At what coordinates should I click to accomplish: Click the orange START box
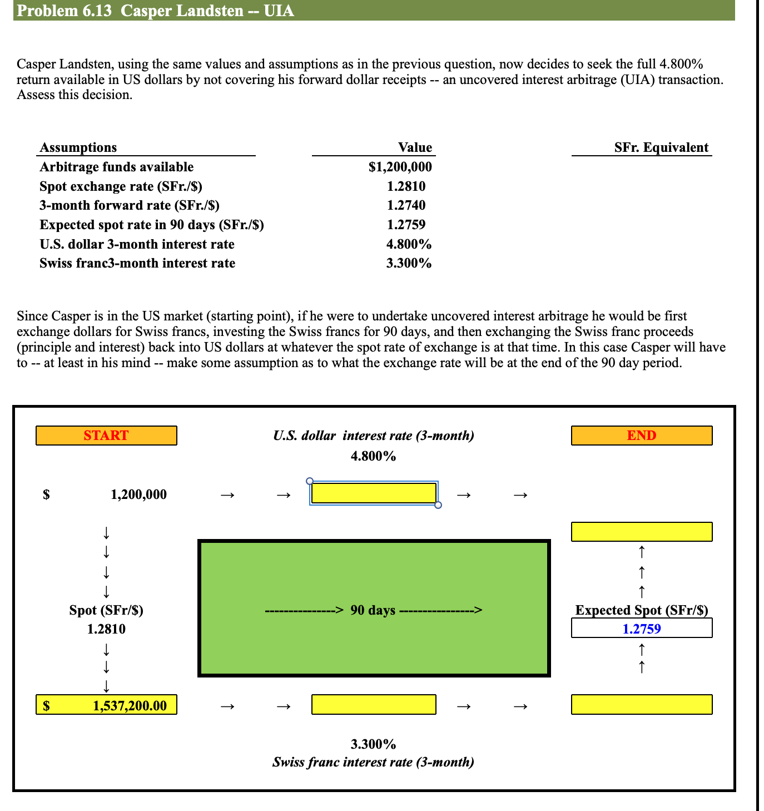tap(106, 436)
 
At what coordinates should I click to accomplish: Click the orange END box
tap(642, 436)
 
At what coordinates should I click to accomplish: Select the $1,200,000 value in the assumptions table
tap(400, 167)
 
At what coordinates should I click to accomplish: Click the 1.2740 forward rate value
tap(406, 205)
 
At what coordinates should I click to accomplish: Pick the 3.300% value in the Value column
tap(409, 263)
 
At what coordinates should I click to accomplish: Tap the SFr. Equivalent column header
tap(661, 147)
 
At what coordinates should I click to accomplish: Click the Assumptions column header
tap(78, 147)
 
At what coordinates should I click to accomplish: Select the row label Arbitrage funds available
tap(117, 167)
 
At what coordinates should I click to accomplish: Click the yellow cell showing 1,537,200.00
tap(106, 705)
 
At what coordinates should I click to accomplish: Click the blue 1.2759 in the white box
tap(642, 629)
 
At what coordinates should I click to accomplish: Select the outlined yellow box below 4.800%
tap(374, 493)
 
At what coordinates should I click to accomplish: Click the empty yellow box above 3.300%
tap(374, 705)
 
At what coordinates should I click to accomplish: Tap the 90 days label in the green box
tap(373, 610)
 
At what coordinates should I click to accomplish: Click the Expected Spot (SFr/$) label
tap(642, 610)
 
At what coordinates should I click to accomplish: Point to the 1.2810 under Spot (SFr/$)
tap(106, 629)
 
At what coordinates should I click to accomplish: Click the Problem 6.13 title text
tap(156, 11)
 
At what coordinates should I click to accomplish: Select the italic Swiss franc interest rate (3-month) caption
tap(373, 762)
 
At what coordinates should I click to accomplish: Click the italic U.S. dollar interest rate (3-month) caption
tap(373, 436)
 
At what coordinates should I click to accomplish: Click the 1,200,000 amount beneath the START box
tap(138, 494)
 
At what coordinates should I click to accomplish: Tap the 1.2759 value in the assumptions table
tap(406, 225)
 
